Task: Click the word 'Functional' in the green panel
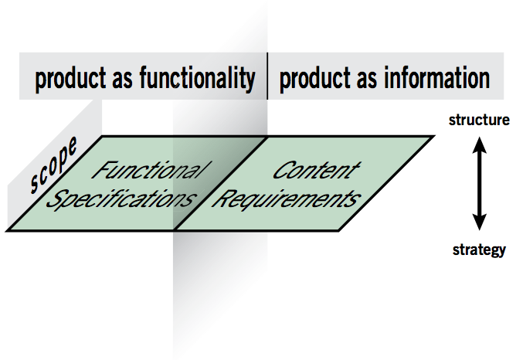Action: [148, 171]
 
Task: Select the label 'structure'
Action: [479, 121]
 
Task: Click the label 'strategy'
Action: [479, 250]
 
